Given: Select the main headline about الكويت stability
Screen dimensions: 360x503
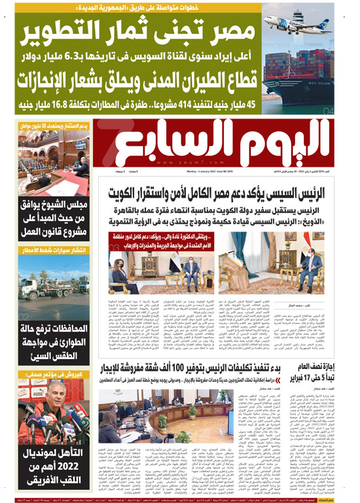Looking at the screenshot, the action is click(x=231, y=194).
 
